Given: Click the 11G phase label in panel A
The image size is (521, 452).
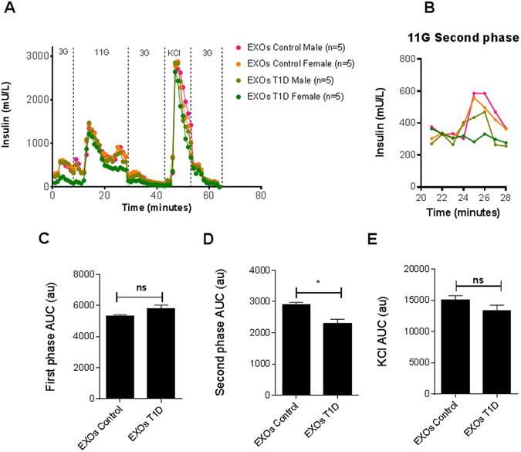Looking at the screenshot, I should [x=101, y=52].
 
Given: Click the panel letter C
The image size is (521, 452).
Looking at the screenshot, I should [x=46, y=240].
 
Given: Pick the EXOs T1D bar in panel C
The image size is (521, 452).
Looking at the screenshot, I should [x=142, y=352].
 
